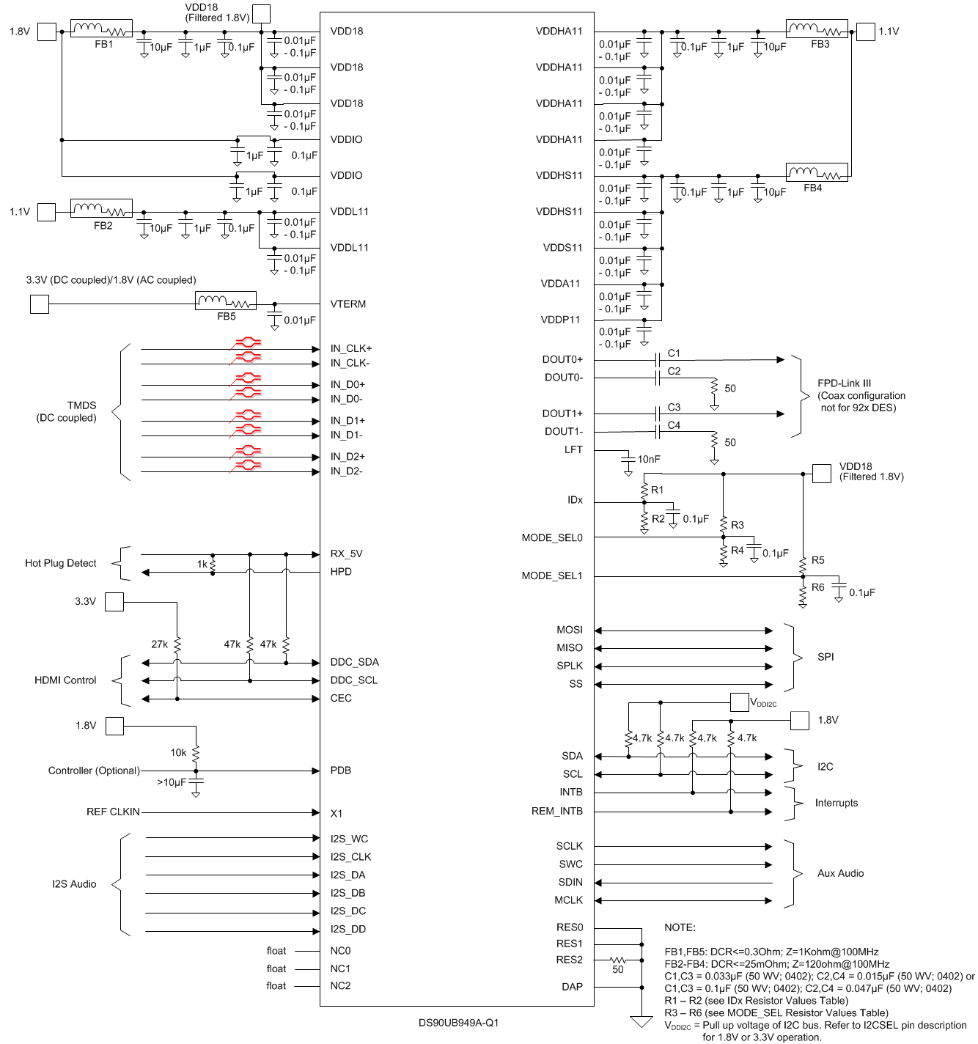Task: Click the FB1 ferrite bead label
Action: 103,45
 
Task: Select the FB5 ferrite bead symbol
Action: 226,301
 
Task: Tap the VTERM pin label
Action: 348,304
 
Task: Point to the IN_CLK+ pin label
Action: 350,348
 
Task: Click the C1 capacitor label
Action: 674,353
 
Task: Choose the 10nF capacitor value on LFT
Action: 649,460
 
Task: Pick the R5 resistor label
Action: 817,561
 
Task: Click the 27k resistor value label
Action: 159,644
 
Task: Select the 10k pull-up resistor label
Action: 178,753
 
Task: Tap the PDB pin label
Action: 340,771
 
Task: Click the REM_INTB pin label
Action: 556,811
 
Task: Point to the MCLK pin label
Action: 568,900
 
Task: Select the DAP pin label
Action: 572,987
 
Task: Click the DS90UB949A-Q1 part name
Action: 458,1023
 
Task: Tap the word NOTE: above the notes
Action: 680,927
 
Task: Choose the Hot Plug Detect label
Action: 60,563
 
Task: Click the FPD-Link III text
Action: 844,383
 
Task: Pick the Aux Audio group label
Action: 840,873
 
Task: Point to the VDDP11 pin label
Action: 560,320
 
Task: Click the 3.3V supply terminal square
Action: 114,602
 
